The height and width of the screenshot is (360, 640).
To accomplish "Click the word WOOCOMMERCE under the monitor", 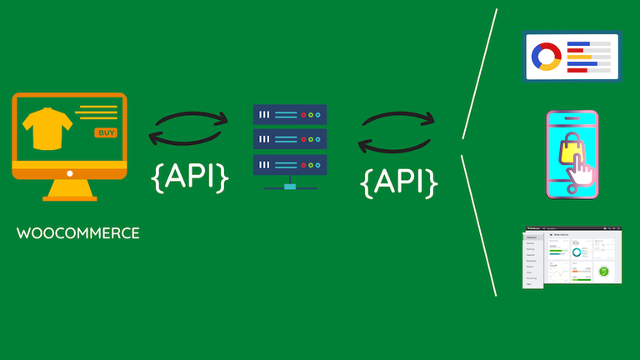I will tap(78, 233).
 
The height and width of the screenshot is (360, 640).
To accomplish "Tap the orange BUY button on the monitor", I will tap(106, 132).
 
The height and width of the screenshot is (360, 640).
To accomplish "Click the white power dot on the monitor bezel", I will tap(69, 174).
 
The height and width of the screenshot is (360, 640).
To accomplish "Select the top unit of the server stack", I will tap(289, 115).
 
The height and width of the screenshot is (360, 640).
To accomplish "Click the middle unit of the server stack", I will tap(289, 138).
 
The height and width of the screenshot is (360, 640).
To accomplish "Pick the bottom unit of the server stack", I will tap(289, 162).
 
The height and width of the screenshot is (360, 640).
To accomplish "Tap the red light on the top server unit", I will tap(305, 115).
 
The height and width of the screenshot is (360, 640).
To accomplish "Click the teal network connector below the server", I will tap(289, 185).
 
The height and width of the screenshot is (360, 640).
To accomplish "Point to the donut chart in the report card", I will tap(547, 56).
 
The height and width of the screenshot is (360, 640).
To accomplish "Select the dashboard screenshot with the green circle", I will tap(572, 257).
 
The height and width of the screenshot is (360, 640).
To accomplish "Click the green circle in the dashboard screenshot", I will tap(605, 270).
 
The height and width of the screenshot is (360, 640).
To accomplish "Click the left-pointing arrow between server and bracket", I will tap(392, 147).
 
